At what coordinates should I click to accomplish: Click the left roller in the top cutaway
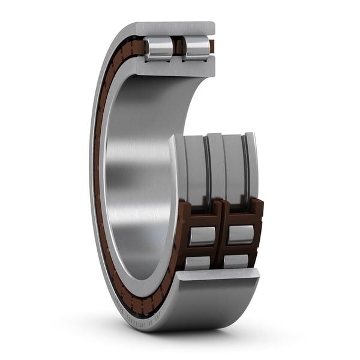pyautogui.click(x=159, y=48)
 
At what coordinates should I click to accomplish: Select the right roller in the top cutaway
pyautogui.click(x=196, y=48)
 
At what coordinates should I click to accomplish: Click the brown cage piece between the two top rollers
pyautogui.click(x=178, y=46)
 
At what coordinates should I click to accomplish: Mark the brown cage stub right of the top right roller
pyautogui.click(x=212, y=46)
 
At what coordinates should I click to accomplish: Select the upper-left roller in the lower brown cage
pyautogui.click(x=202, y=236)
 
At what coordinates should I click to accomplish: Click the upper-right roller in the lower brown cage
pyautogui.click(x=240, y=235)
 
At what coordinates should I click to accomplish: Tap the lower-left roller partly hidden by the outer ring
pyautogui.click(x=197, y=262)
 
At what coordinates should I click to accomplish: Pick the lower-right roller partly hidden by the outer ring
pyautogui.click(x=236, y=261)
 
